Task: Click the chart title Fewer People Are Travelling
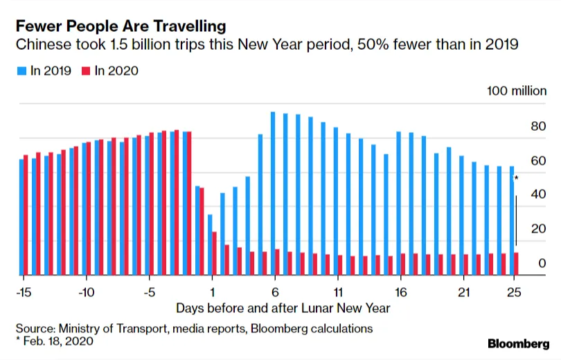(x=121, y=27)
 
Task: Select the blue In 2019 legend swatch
(x=21, y=71)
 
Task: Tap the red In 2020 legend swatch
(x=86, y=71)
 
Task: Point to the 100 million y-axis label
(x=516, y=91)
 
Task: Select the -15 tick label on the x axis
(x=24, y=291)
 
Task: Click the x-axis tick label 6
(x=275, y=291)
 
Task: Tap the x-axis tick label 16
(x=400, y=291)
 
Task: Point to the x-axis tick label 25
(x=514, y=291)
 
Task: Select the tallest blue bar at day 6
(x=273, y=194)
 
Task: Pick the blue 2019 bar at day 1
(x=210, y=245)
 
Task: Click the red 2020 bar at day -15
(x=26, y=215)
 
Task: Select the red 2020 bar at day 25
(x=517, y=264)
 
